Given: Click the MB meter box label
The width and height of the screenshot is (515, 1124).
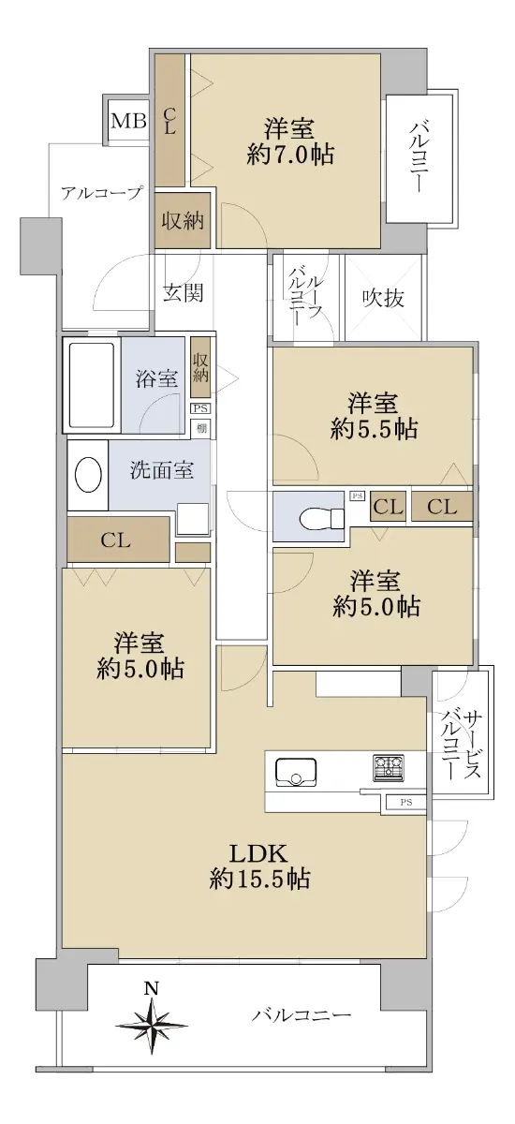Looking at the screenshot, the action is click(129, 121).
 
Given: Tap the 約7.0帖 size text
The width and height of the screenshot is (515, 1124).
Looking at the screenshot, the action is click(290, 154).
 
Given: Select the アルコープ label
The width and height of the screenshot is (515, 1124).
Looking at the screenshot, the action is click(102, 193).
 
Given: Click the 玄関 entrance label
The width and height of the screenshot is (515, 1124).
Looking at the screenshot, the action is click(184, 293).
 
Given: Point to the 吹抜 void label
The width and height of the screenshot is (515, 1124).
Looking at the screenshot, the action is click(383, 299).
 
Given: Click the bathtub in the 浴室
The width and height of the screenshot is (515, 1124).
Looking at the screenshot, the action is click(91, 384).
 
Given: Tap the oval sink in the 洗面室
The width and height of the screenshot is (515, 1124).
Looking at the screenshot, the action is click(89, 474).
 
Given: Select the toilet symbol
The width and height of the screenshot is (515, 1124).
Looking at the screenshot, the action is click(321, 517).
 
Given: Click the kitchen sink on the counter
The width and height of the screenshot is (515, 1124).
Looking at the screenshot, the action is click(296, 771).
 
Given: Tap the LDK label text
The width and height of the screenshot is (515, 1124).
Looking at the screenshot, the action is click(257, 852).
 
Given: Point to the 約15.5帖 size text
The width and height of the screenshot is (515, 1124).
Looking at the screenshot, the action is click(259, 879).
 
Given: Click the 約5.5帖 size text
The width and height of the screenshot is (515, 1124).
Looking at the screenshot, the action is click(375, 430).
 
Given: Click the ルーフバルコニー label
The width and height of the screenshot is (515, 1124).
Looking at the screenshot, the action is click(304, 296).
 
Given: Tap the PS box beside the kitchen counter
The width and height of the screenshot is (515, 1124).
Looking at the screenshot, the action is click(406, 803).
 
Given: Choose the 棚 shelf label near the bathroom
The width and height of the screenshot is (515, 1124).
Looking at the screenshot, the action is click(201, 428).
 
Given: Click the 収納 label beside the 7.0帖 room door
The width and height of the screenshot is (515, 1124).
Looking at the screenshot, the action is click(182, 221).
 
